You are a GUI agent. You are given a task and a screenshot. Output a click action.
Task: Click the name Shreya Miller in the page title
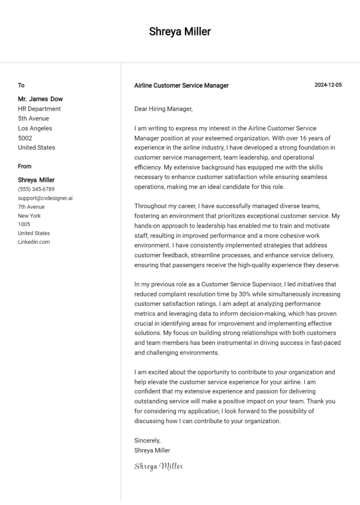click(x=180, y=32)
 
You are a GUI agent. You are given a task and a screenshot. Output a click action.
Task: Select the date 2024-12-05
click(x=328, y=85)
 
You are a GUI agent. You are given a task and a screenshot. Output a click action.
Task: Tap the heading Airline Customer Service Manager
click(x=181, y=86)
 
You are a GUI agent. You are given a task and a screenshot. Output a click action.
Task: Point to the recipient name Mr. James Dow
click(x=40, y=99)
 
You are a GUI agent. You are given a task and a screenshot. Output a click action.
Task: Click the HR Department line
click(x=39, y=109)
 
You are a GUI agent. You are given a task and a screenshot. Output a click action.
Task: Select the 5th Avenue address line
click(x=33, y=119)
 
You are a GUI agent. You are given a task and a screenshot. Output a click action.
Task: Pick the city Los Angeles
click(x=35, y=128)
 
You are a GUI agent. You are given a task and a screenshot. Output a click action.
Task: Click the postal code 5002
click(x=25, y=138)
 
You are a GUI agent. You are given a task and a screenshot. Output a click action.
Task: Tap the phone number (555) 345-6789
click(x=36, y=189)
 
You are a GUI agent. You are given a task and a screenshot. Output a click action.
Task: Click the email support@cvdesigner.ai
click(x=45, y=198)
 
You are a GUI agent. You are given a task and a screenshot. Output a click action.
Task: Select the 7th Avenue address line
click(x=31, y=207)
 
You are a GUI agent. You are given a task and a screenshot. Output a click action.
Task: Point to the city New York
click(x=30, y=216)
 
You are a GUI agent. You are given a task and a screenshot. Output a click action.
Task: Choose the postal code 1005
click(x=24, y=224)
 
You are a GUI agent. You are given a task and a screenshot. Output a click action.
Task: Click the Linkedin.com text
click(x=34, y=242)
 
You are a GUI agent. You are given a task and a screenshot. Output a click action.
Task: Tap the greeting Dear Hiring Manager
click(x=163, y=109)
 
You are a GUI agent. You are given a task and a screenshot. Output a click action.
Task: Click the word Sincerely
click(x=147, y=441)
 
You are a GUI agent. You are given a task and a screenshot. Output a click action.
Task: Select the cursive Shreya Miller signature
click(x=158, y=466)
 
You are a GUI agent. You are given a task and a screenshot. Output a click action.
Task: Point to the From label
click(x=25, y=166)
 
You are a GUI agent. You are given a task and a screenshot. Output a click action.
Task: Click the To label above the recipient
click(x=21, y=85)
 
